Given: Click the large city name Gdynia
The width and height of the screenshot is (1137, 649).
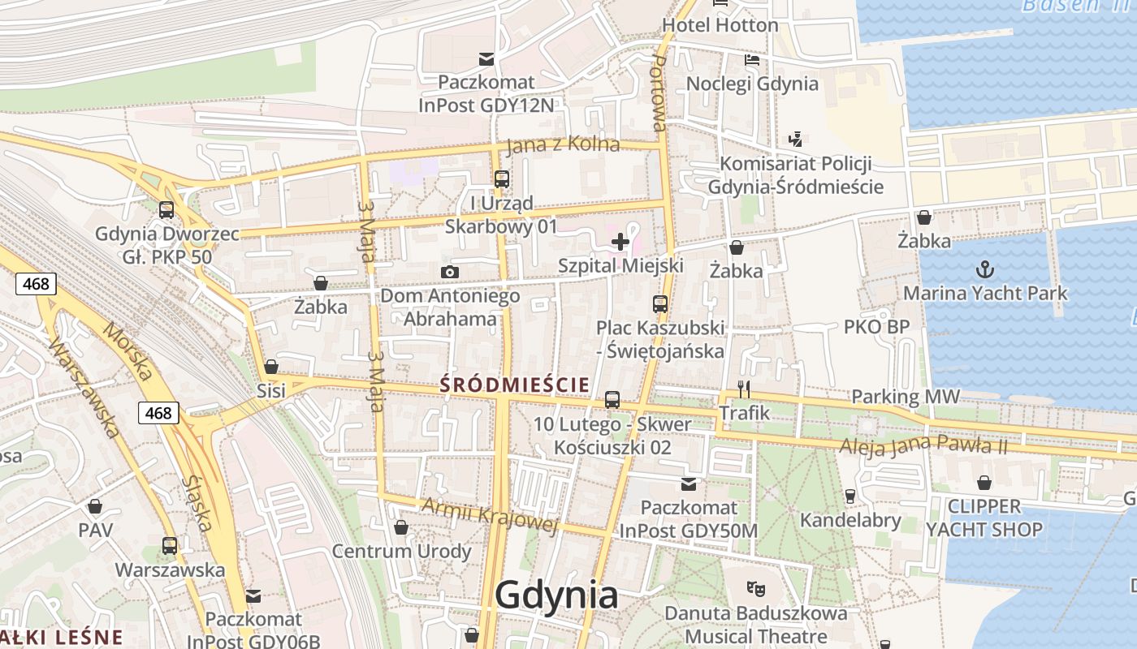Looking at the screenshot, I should [556, 595].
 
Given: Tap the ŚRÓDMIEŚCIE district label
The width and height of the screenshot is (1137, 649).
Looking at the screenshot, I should [514, 385].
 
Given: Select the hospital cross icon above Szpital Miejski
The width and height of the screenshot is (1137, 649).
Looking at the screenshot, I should [620, 241].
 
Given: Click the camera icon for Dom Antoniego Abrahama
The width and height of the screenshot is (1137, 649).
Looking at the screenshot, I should [449, 272].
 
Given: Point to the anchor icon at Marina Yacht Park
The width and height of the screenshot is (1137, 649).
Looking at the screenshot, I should [985, 269].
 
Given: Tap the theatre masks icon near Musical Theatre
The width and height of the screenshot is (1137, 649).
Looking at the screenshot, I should [755, 587].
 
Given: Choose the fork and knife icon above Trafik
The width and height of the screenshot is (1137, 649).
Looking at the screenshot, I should [743, 389].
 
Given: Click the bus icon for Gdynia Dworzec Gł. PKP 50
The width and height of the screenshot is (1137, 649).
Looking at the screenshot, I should [166, 210].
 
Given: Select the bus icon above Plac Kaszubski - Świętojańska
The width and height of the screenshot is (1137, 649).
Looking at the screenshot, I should [660, 305].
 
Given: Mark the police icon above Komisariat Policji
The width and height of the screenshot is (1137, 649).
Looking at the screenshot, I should [795, 139].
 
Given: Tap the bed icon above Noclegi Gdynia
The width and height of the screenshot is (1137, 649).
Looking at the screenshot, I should [752, 59].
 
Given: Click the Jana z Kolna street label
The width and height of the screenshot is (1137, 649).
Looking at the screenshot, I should [562, 145].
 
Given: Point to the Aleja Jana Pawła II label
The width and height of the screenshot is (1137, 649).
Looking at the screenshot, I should [923, 445].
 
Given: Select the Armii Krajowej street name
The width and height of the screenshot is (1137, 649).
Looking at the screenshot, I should [490, 515].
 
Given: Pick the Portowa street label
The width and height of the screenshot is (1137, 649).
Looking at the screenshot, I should [659, 92].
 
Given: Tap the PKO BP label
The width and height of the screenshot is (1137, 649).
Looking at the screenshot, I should [876, 327].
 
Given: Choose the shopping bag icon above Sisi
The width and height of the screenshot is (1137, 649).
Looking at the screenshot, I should [271, 367].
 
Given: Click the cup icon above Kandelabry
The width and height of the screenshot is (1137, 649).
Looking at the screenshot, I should [850, 496].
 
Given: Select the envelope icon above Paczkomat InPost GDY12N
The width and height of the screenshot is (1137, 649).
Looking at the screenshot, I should [486, 58].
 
